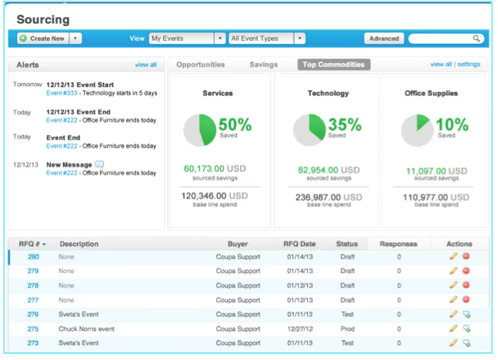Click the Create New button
[43, 38]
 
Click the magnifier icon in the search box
[476, 38]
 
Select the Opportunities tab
[200, 65]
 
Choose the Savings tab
[263, 65]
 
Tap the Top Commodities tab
[333, 65]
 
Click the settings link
[469, 64]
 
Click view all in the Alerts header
[145, 65]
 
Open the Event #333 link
[62, 93]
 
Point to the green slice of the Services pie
[207, 129]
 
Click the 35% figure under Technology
[345, 124]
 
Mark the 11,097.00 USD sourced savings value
[436, 171]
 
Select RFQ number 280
[33, 257]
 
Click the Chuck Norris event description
[86, 329]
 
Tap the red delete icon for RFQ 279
[466, 271]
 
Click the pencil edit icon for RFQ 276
[453, 315]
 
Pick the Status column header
[347, 244]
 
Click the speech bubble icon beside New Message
[99, 165]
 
